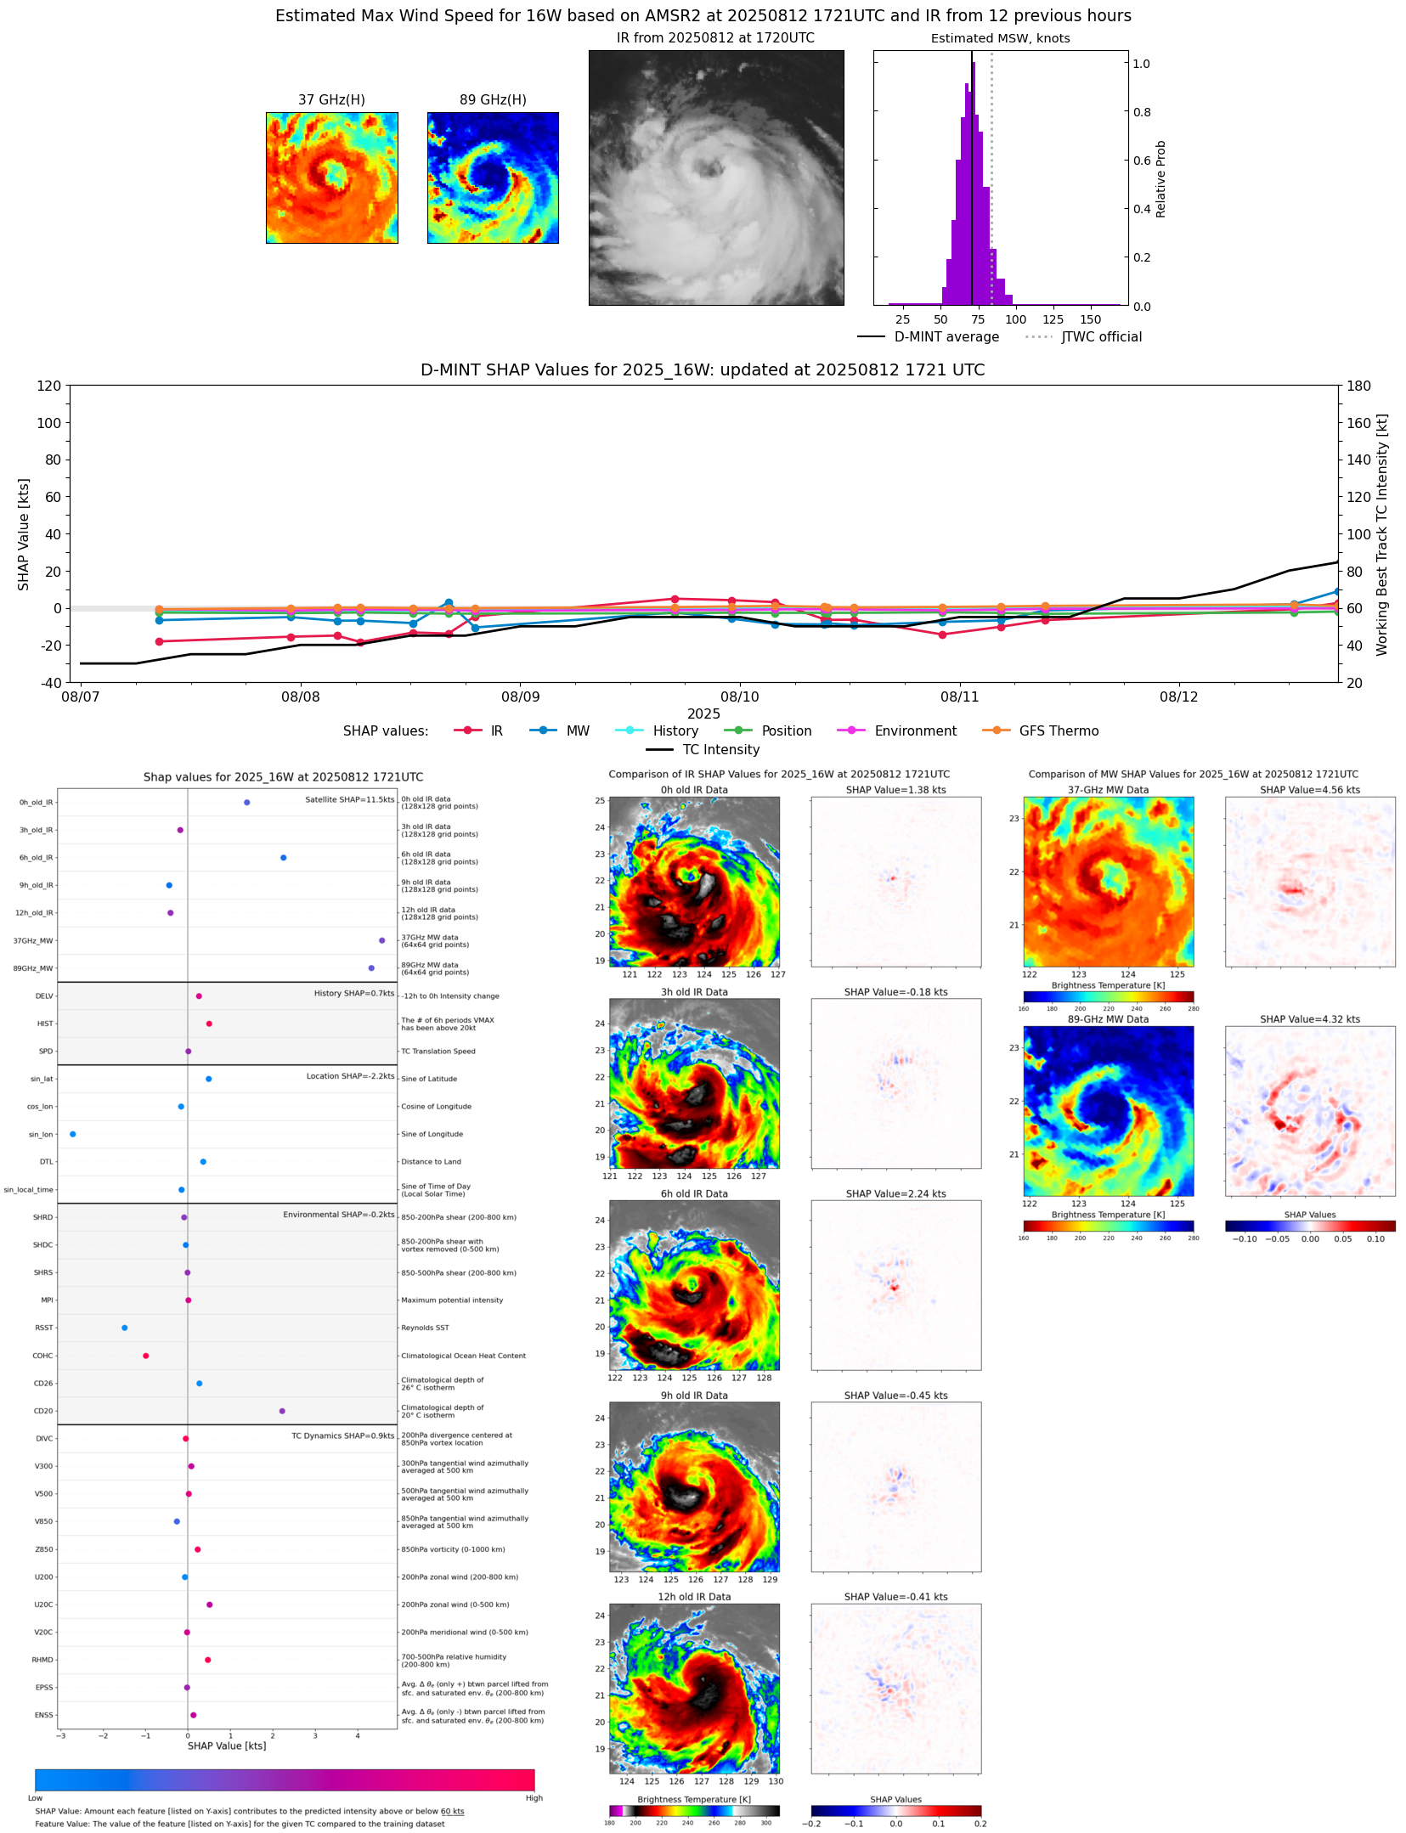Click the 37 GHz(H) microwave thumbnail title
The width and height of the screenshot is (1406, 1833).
click(331, 100)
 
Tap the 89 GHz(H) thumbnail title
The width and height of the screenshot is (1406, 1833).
click(493, 100)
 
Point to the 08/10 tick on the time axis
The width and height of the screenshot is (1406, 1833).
click(739, 697)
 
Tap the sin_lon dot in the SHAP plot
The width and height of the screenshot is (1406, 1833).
click(73, 1135)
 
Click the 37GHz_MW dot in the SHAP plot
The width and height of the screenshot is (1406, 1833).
click(382, 941)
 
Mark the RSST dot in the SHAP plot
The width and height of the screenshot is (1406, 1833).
click(125, 1328)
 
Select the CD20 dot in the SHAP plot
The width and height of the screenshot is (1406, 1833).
click(282, 1412)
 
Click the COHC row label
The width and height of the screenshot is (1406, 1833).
click(42, 1356)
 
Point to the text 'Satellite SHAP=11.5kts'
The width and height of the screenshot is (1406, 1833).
click(349, 800)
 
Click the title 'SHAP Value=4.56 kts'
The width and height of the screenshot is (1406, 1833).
click(1309, 791)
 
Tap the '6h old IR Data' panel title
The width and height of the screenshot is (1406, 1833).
click(694, 1194)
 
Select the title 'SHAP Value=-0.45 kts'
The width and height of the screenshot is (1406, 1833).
click(895, 1396)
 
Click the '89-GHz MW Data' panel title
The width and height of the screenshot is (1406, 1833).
click(1108, 1020)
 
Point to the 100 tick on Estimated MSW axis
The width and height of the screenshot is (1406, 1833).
click(1015, 320)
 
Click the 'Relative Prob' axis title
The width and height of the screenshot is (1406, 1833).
click(1161, 179)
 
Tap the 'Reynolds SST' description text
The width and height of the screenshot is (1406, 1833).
click(425, 1328)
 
